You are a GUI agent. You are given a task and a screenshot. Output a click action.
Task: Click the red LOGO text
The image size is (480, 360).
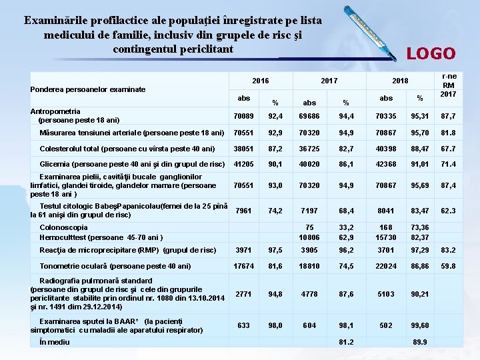coord(431,53)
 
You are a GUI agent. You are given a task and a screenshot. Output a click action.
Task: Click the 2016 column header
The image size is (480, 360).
coord(261,81)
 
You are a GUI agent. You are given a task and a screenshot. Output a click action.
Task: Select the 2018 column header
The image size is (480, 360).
coord(399,81)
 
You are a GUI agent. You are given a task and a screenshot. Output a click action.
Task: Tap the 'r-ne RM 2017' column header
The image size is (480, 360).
coord(449,85)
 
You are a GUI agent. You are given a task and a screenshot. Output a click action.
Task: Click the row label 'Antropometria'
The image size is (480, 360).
coord(55,111)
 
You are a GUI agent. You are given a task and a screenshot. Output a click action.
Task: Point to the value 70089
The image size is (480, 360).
coord(243,117)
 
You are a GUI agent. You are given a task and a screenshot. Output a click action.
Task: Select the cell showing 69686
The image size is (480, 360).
coord(309,117)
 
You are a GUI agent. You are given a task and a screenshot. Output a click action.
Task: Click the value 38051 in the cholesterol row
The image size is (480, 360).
coord(243,149)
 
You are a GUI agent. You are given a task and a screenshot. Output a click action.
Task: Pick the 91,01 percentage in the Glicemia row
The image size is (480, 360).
coord(419,165)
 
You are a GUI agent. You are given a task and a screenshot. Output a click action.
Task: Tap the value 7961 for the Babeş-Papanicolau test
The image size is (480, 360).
coord(243,211)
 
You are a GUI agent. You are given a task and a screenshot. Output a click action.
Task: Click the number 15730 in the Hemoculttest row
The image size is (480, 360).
coord(386,237)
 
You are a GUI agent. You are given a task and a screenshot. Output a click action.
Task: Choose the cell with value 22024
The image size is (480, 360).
coord(386,266)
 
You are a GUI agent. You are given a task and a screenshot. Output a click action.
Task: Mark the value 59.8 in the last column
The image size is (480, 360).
coord(448,266)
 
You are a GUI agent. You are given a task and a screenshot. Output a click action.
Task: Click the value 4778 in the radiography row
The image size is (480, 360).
coord(309,294)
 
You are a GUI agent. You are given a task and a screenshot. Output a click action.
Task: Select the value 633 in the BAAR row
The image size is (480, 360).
coord(243,325)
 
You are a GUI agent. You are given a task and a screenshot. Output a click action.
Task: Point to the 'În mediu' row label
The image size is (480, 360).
coord(55,342)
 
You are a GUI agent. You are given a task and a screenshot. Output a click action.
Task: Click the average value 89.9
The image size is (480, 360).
coord(419,343)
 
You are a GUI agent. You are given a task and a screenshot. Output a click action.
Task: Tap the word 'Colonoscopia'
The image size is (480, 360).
coord(64,227)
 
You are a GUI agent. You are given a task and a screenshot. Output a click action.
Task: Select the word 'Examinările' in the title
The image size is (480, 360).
coord(57,21)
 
